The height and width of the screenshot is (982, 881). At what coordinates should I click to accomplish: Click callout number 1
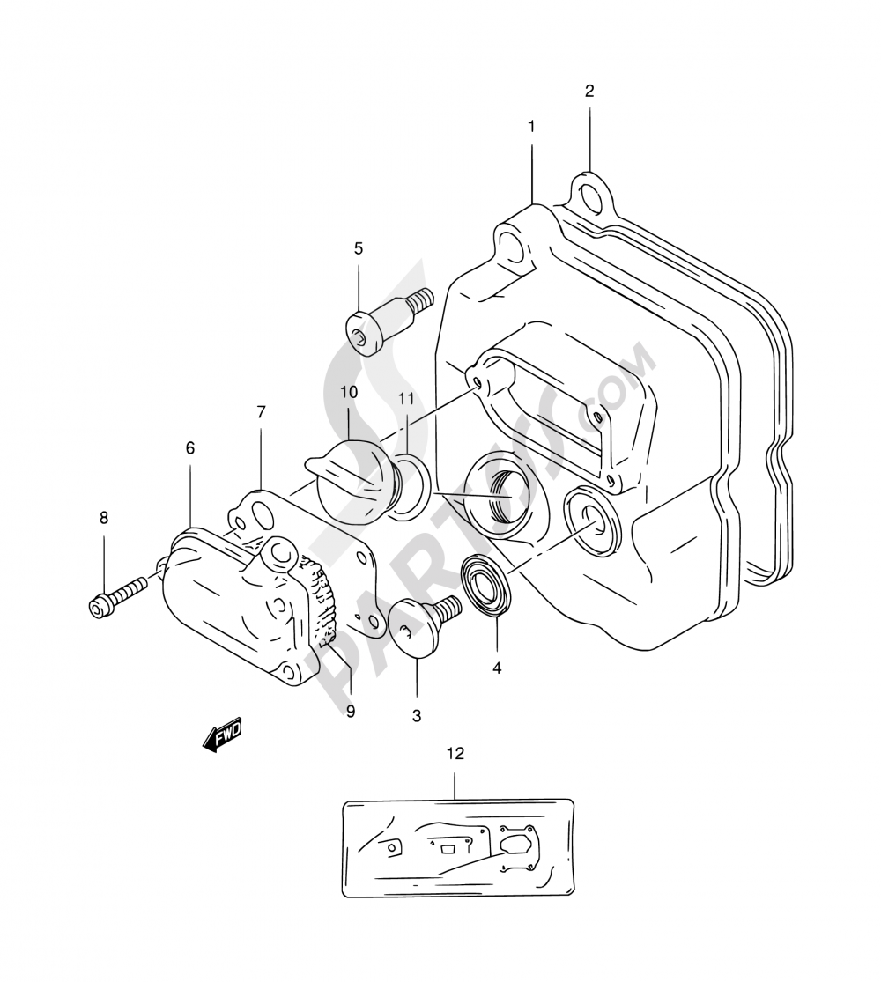tap(531, 127)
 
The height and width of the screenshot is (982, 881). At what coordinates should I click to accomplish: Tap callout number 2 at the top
tap(589, 91)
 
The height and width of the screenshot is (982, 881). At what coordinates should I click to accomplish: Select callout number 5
tap(359, 248)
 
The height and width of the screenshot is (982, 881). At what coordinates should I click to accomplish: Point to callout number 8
tap(104, 518)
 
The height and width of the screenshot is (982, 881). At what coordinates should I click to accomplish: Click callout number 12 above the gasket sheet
tap(455, 753)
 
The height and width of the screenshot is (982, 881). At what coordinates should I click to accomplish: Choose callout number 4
tap(497, 668)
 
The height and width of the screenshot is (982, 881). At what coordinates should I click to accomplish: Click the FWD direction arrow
tap(221, 735)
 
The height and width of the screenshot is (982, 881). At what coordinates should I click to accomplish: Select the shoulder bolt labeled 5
tap(385, 321)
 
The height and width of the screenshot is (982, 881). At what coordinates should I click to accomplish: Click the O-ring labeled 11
tap(410, 485)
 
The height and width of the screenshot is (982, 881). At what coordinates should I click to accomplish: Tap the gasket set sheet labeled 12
tap(457, 848)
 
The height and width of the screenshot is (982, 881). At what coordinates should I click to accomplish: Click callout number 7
tap(261, 412)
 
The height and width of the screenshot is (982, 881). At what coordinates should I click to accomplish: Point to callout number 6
tap(190, 448)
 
